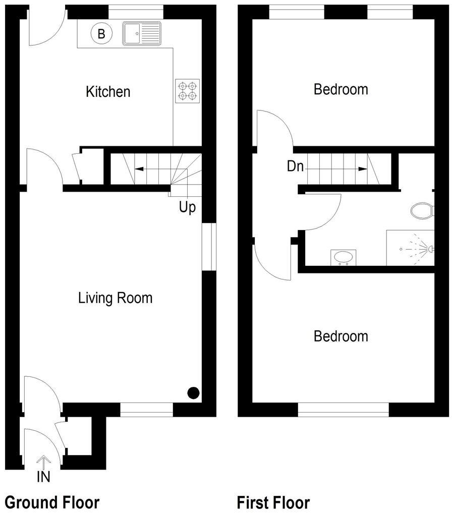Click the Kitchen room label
[x=108, y=92]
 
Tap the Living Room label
[x=115, y=298]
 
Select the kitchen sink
[x=141, y=33]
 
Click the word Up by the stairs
[x=187, y=207]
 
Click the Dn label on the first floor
[x=295, y=166]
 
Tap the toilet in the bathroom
[x=422, y=210]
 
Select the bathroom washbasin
[x=344, y=257]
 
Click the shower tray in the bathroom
[x=410, y=248]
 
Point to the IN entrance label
[x=43, y=477]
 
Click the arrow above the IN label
[x=43, y=461]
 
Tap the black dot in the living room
[x=193, y=392]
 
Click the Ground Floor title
[x=52, y=502]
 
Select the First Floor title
[x=273, y=502]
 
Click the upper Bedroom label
[x=341, y=89]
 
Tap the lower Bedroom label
[x=341, y=336]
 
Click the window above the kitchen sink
[x=136, y=12]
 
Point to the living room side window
[x=208, y=246]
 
